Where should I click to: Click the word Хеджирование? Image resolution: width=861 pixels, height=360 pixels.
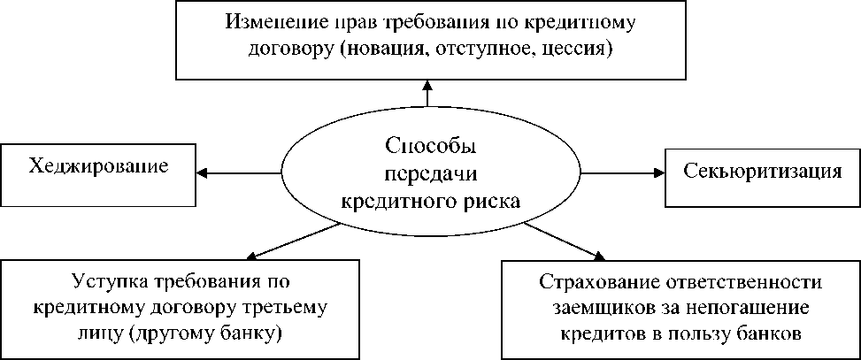tap(98, 165)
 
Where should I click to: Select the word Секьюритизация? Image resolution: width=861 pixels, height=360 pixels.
tap(762, 171)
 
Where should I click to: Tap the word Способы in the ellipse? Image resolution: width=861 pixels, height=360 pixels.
tap(425, 143)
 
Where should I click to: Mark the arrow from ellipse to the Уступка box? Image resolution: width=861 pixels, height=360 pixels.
tap(284, 241)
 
